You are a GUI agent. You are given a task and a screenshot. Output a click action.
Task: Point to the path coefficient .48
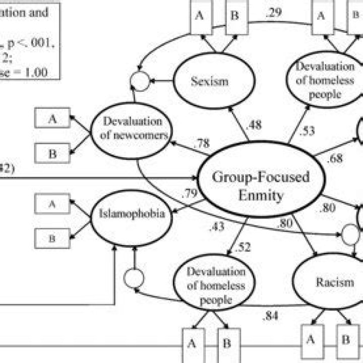254,125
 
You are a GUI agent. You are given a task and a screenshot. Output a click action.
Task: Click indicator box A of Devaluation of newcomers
52,119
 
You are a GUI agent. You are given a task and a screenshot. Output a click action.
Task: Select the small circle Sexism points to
141,79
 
